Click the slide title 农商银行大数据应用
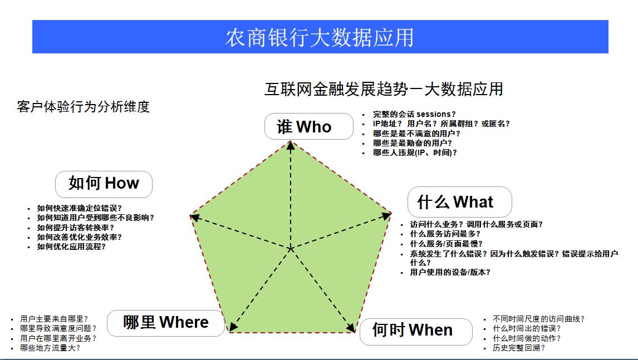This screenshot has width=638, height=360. (x=320, y=37)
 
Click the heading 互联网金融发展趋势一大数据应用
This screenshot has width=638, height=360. (x=384, y=89)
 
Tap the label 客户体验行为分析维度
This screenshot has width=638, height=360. (x=84, y=107)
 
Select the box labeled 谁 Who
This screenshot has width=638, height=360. (x=309, y=126)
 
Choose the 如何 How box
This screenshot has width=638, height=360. (x=104, y=184)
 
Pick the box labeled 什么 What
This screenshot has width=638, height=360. (x=460, y=202)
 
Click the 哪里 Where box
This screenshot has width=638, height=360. (x=166, y=323)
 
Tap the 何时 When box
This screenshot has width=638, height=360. (x=416, y=332)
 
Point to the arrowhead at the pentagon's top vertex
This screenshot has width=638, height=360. (x=291, y=145)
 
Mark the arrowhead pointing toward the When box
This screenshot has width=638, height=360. (x=351, y=328)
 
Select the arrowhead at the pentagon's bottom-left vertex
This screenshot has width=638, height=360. (x=233, y=327)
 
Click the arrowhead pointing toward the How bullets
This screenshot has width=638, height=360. (x=195, y=218)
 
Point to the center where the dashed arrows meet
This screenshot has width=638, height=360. (x=291, y=249)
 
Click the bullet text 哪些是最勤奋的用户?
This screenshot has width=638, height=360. (x=412, y=143)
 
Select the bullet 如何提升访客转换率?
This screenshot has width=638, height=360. (x=76, y=228)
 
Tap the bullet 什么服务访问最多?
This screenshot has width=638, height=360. (x=445, y=234)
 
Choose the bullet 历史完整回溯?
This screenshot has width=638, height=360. (x=519, y=348)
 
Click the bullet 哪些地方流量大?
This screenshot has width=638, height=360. (x=50, y=348)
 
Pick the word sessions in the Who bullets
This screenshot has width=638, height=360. (x=434, y=114)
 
